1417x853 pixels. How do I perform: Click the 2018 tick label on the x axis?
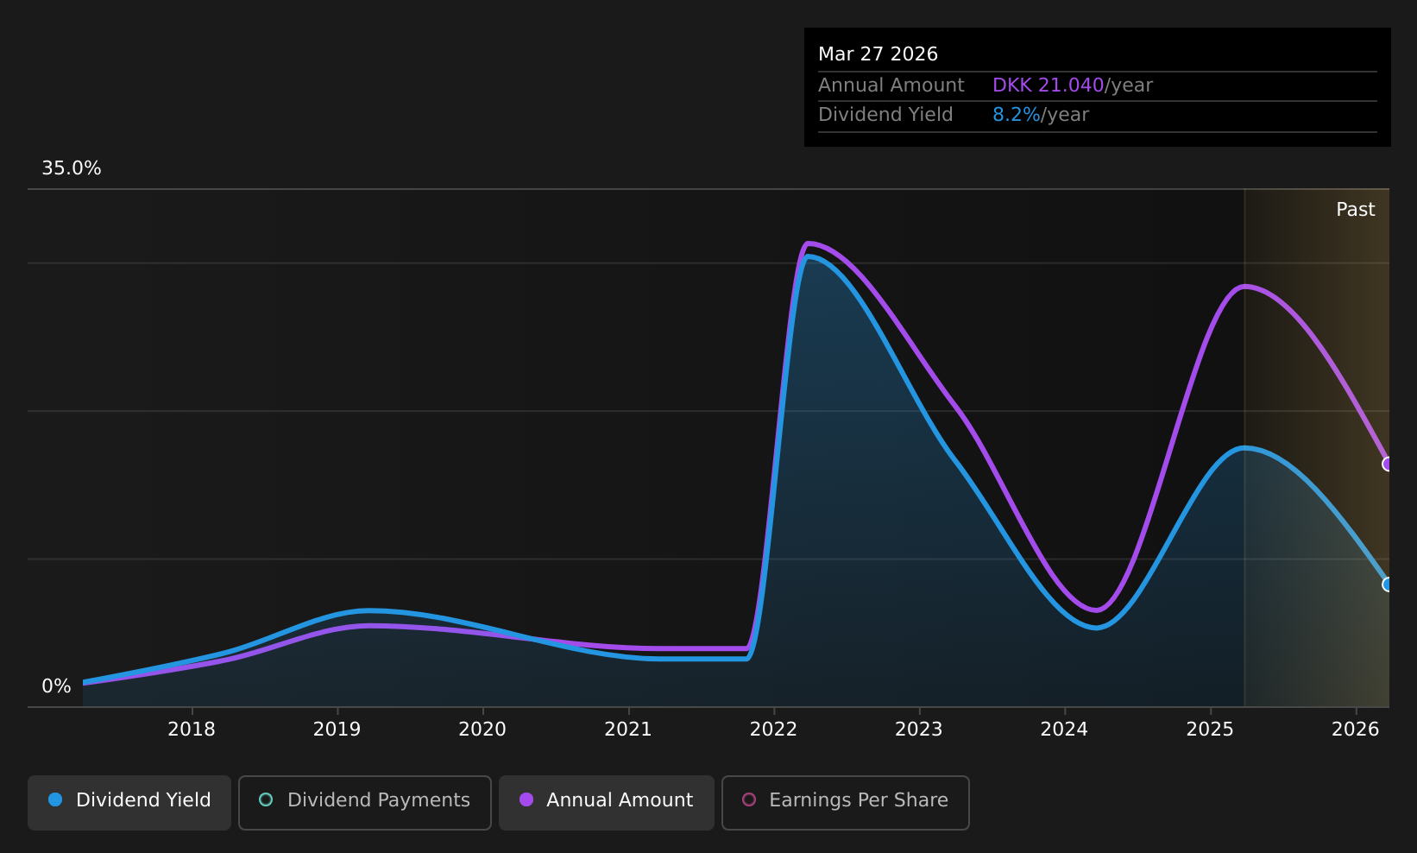pyautogui.click(x=191, y=730)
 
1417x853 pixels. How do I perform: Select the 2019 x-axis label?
pyautogui.click(x=337, y=730)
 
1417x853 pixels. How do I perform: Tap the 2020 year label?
pyautogui.click(x=482, y=730)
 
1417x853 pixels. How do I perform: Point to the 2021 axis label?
pyautogui.click(x=627, y=730)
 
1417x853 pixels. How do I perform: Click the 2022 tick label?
pyautogui.click(x=773, y=730)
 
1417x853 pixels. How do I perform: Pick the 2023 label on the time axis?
pyautogui.click(x=918, y=730)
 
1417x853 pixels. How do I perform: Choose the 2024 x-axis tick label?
pyautogui.click(x=1064, y=730)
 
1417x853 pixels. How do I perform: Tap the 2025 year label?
pyautogui.click(x=1210, y=730)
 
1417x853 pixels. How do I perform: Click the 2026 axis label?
pyautogui.click(x=1355, y=730)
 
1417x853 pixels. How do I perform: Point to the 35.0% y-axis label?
pyautogui.click(x=72, y=168)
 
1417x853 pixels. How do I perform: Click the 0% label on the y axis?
pyautogui.click(x=56, y=686)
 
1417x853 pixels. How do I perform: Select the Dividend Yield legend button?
pyautogui.click(x=129, y=802)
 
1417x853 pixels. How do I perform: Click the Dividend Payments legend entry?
pyautogui.click(x=365, y=802)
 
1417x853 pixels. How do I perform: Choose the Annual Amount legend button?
pyautogui.click(x=606, y=802)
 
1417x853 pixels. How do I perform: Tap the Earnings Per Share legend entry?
pyautogui.click(x=845, y=802)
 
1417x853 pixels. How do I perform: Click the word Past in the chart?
pyautogui.click(x=1355, y=210)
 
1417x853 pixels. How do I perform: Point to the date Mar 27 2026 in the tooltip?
pyautogui.click(x=878, y=54)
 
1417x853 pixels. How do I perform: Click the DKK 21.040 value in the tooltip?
pyautogui.click(x=1049, y=85)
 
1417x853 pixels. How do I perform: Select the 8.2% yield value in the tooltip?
pyautogui.click(x=1017, y=115)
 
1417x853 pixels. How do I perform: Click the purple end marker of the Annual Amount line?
pyautogui.click(x=1388, y=464)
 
